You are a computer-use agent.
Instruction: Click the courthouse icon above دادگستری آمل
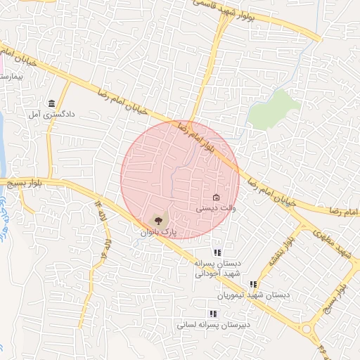pyautogui.click(x=51, y=103)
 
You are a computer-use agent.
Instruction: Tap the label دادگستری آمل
pyautogui.click(x=51, y=113)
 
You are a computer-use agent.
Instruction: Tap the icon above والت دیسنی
pyautogui.click(x=216, y=197)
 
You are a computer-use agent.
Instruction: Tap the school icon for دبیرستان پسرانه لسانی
pyautogui.click(x=213, y=314)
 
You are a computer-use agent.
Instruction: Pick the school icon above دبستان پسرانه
pyautogui.click(x=218, y=252)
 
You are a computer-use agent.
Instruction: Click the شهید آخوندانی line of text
pyautogui.click(x=218, y=273)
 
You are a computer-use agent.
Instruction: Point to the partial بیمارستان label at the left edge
pyautogui.click(x=12, y=73)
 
